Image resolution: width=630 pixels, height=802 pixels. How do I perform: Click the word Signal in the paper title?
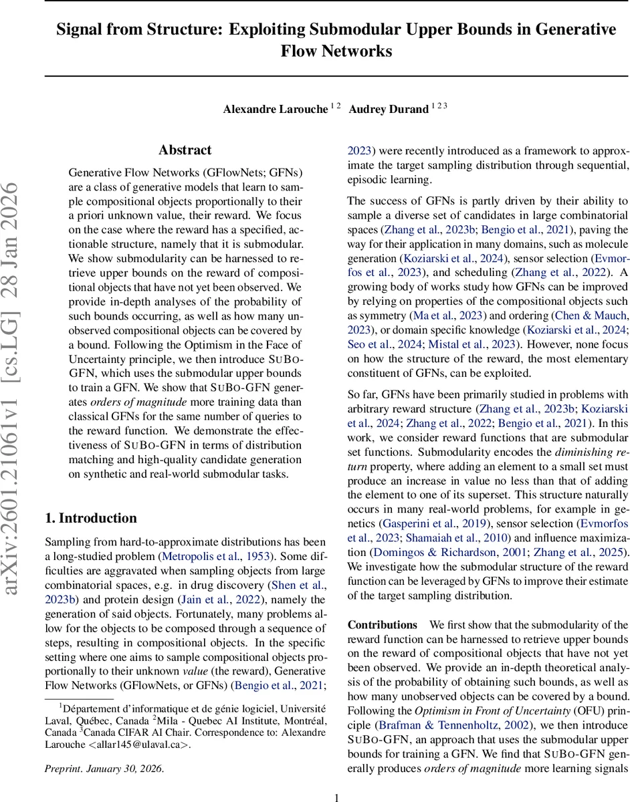point(78,30)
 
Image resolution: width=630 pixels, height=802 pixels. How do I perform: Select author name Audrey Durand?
point(390,109)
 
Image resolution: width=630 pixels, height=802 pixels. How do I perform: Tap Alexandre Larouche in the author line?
point(275,109)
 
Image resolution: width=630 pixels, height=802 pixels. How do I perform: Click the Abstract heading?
point(185,150)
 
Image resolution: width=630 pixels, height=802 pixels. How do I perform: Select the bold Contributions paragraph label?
point(382,625)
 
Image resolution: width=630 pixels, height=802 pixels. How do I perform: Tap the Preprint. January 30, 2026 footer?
point(104,769)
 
